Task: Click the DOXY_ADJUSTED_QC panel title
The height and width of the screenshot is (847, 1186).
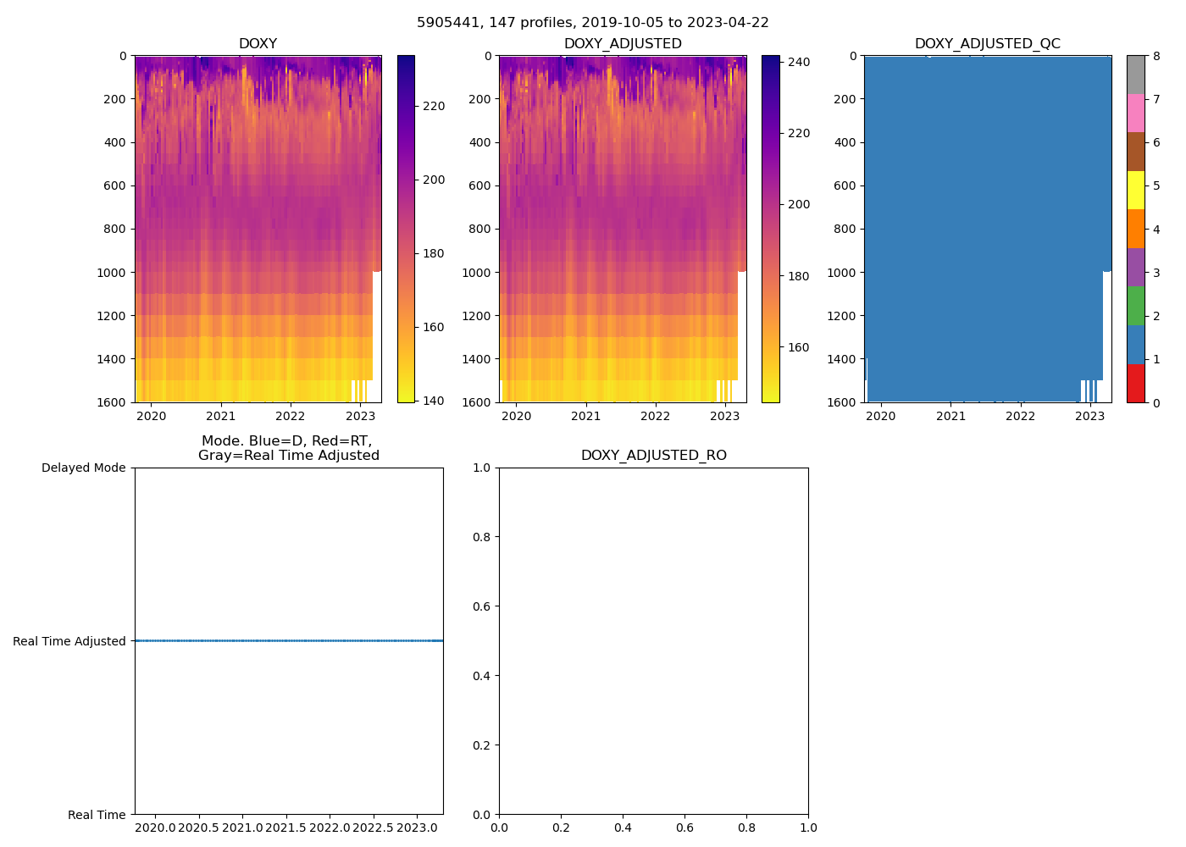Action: (987, 44)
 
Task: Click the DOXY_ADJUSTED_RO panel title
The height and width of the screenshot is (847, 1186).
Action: (653, 456)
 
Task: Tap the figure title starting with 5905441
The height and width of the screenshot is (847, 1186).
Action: (593, 23)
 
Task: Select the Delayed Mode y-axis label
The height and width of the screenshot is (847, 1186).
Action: (83, 468)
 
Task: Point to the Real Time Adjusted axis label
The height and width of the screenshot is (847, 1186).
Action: (69, 642)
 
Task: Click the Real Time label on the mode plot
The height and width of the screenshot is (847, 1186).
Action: (97, 816)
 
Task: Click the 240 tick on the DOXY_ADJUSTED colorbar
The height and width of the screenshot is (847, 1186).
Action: (800, 62)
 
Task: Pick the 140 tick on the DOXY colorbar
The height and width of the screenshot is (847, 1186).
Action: (433, 401)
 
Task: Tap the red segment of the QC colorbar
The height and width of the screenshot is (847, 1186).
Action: (1135, 383)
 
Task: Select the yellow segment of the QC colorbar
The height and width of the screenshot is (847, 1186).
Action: (1135, 190)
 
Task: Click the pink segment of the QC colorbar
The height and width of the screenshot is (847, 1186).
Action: (1135, 113)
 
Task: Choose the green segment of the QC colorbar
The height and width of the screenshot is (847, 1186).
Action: (1135, 306)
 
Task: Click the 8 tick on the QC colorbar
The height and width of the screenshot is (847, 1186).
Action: (1156, 57)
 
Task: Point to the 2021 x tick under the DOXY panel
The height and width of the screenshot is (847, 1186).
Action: (221, 416)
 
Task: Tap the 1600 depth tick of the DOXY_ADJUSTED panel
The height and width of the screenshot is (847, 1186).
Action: (476, 402)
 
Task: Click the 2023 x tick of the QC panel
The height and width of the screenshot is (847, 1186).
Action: (1089, 416)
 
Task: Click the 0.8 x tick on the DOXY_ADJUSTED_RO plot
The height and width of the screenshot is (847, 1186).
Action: (746, 828)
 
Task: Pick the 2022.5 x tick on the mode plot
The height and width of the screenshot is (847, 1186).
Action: (373, 828)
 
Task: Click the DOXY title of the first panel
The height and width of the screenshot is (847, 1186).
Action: (258, 44)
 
